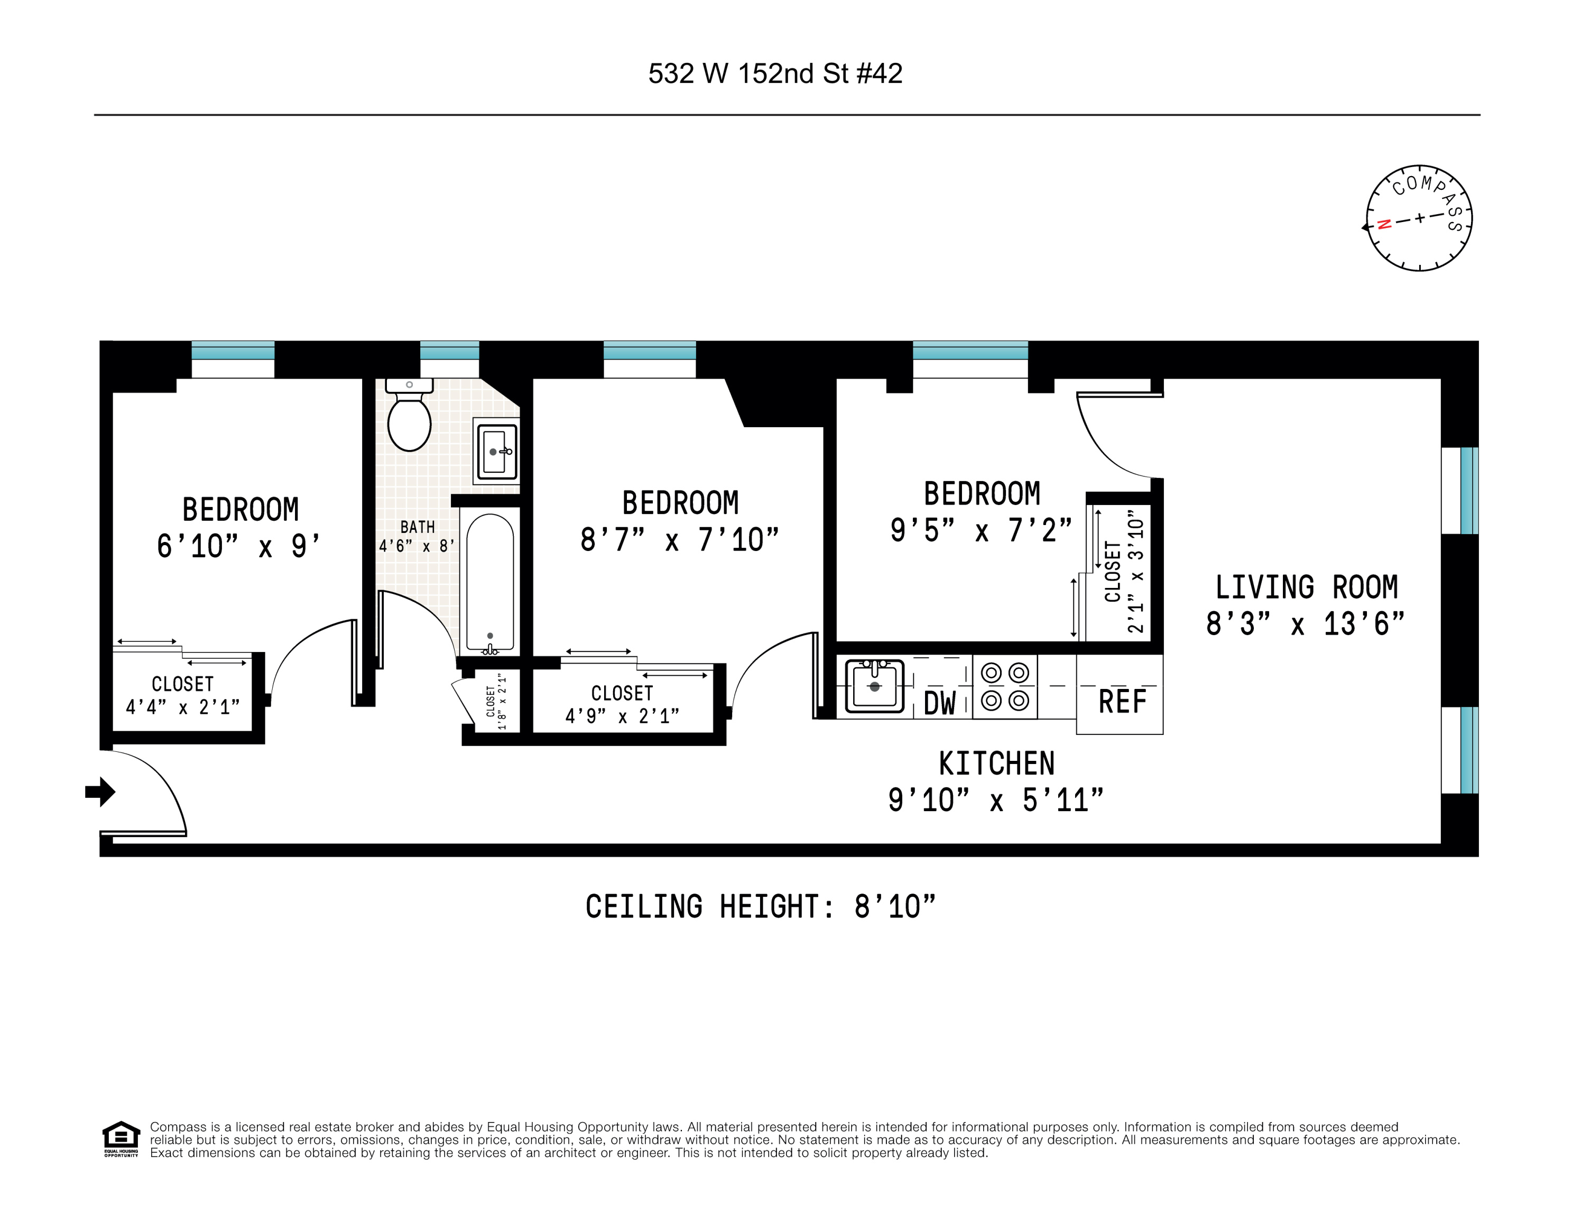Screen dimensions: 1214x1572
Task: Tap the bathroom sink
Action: click(x=496, y=452)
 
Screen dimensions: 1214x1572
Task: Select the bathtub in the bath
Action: click(x=489, y=582)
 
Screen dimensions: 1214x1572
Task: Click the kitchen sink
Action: click(x=874, y=685)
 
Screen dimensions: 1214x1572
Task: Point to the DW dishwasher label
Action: click(x=939, y=703)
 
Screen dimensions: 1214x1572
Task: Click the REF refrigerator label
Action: click(x=1122, y=701)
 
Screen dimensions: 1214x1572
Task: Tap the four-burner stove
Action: click(x=1005, y=687)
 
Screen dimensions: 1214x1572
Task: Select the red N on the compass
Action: click(x=1383, y=224)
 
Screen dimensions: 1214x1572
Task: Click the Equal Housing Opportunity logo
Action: click(x=121, y=1138)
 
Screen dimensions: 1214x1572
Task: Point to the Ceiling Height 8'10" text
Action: click(x=760, y=907)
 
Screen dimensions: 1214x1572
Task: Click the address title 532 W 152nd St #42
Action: click(x=775, y=73)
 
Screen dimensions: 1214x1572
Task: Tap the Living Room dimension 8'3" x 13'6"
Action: click(x=1305, y=623)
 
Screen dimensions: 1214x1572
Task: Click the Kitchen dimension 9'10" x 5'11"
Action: click(x=995, y=800)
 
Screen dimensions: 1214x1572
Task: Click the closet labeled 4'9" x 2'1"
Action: click(x=622, y=704)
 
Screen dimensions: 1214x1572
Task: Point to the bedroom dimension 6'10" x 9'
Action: click(x=238, y=546)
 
